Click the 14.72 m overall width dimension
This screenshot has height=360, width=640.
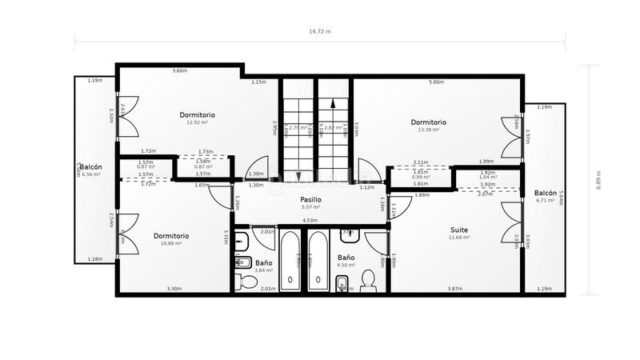[x=319, y=31]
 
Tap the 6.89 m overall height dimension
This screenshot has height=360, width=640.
[x=598, y=181]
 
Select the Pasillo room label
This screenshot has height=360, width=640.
[x=310, y=198]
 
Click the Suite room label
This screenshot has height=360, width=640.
[x=458, y=230]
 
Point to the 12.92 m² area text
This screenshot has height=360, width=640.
[x=197, y=122]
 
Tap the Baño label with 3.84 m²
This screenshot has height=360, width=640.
[x=264, y=262]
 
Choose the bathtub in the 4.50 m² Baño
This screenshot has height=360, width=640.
[x=318, y=262]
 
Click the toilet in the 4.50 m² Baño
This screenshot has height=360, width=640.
[x=368, y=279]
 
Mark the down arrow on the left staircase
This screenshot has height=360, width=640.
[x=298, y=176]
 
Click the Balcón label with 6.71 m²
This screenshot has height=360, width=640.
[x=546, y=193]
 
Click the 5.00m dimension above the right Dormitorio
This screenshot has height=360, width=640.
[x=436, y=82]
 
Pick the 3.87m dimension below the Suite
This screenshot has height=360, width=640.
[x=454, y=288]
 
